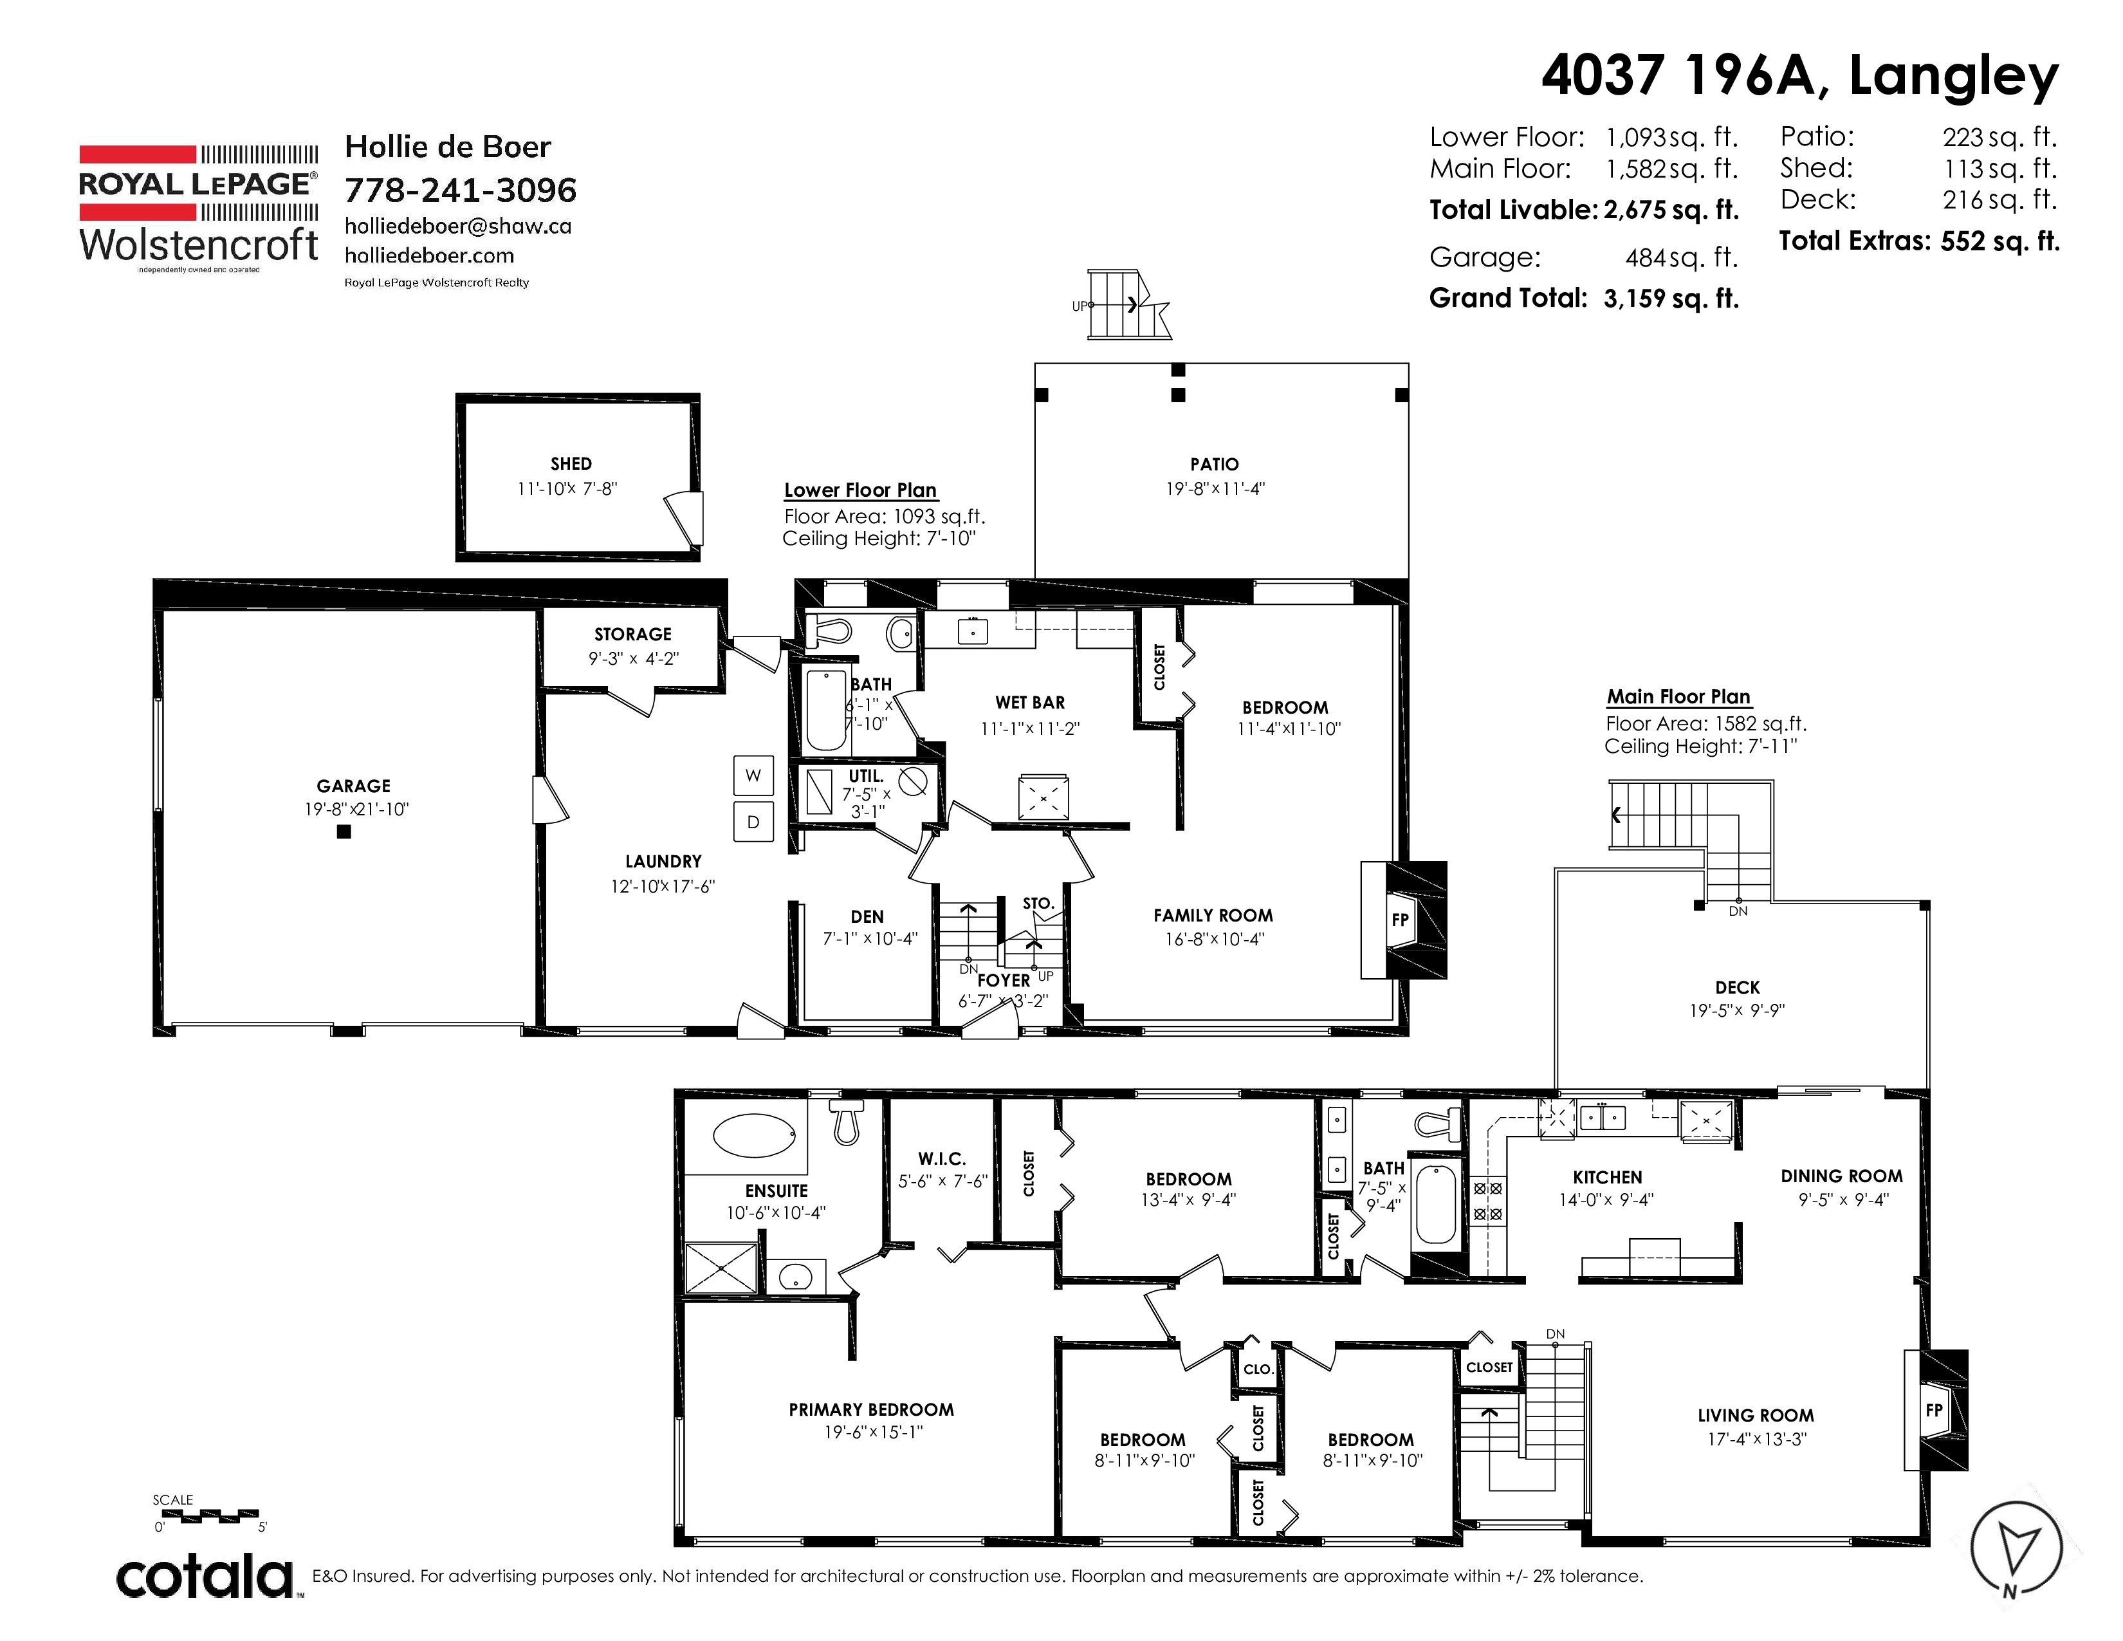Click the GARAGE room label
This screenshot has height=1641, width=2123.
353,786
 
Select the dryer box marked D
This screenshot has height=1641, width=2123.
753,822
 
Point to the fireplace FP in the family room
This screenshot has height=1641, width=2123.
1400,919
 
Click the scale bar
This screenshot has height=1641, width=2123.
206,1515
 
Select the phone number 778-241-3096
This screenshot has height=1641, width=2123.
461,190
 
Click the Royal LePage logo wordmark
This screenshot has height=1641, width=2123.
198,184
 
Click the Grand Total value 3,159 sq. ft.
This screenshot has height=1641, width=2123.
1671,299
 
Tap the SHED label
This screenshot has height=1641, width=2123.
571,464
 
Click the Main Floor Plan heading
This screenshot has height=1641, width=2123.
1678,697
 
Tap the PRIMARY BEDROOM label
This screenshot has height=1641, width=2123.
871,1409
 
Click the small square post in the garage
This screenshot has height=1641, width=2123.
343,832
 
